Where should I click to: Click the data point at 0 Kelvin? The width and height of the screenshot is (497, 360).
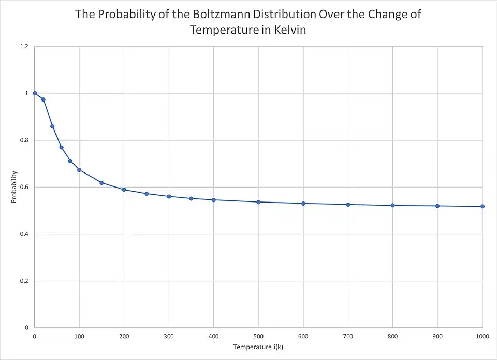point(35,93)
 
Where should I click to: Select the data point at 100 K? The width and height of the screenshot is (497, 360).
point(79,170)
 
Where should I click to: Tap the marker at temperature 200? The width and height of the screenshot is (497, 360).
point(124,190)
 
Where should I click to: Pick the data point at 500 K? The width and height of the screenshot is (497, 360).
point(258,202)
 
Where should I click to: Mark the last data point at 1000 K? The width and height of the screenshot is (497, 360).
point(483,206)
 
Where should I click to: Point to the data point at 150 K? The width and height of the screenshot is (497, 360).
point(101,182)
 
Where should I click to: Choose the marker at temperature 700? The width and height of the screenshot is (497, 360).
point(348,205)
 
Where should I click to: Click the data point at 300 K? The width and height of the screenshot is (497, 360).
point(169,196)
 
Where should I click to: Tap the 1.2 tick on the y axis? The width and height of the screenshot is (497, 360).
point(24,47)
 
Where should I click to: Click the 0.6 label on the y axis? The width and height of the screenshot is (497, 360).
point(24,187)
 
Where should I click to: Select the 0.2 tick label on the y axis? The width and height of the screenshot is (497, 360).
point(24,281)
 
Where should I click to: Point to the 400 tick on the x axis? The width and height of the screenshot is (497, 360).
point(214,336)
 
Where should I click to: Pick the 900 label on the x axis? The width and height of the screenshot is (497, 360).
point(437,336)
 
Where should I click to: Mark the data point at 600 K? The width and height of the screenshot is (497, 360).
point(303,204)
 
